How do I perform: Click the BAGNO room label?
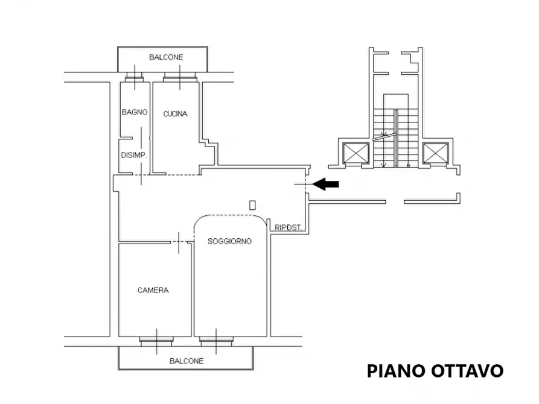click(x=134, y=112)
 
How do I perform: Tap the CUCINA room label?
click(x=175, y=113)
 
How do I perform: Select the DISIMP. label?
click(x=133, y=155)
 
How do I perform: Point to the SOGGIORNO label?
click(x=229, y=241)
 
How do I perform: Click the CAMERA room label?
click(x=153, y=290)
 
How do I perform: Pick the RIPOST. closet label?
click(x=289, y=228)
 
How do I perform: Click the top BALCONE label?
click(x=166, y=57)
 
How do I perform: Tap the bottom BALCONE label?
click(x=186, y=361)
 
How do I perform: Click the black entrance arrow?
click(x=327, y=185)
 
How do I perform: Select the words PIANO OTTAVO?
click(x=435, y=371)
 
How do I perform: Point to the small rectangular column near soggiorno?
click(x=252, y=205)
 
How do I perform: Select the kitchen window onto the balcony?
click(x=180, y=77)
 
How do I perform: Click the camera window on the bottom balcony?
click(x=156, y=341)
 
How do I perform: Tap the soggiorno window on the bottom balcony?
click(x=216, y=341)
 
